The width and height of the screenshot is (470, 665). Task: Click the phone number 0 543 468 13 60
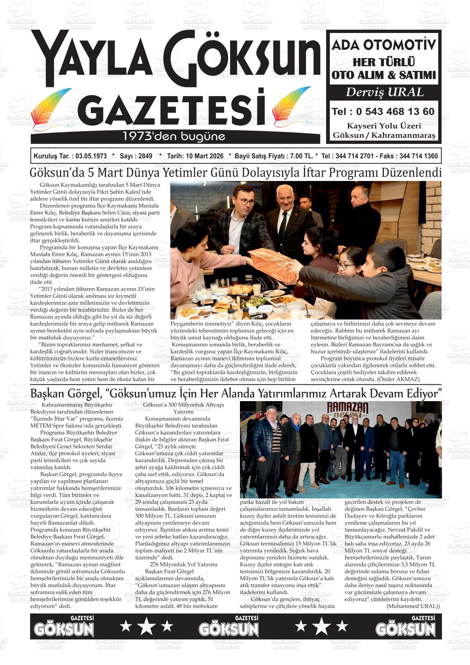tap(395, 112)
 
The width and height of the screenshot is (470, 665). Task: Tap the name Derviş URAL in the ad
tap(384, 92)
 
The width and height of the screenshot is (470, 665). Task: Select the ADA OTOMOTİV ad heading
tap(384, 45)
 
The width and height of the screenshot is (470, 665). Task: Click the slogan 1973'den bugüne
tap(174, 136)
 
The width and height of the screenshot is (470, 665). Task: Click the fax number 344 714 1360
tap(418, 156)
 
